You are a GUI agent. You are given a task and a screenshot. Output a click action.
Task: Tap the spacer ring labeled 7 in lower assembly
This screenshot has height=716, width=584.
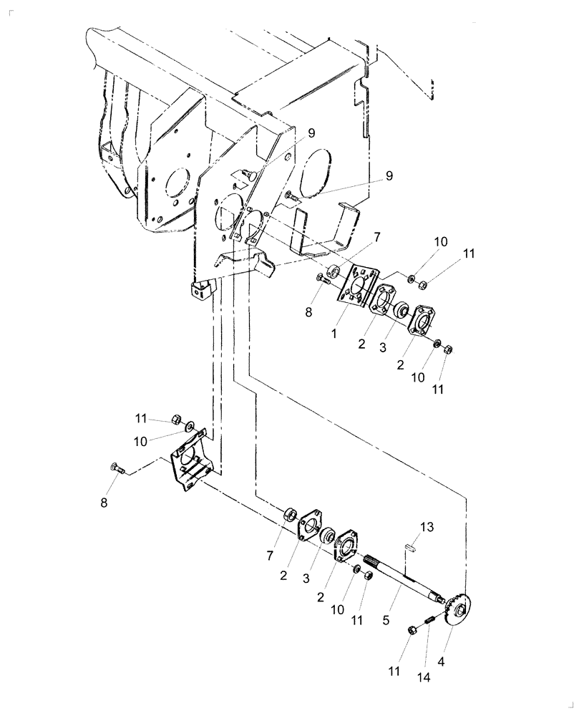pos(291,513)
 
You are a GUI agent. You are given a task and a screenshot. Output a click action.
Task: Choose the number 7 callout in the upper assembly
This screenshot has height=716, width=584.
pos(376,236)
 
